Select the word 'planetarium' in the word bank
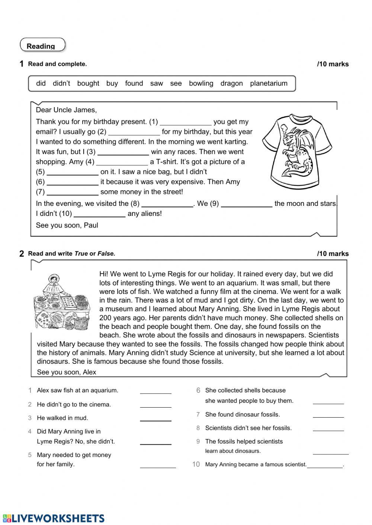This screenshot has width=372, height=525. pyautogui.click(x=269, y=84)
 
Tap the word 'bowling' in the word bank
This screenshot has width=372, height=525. pyautogui.click(x=201, y=84)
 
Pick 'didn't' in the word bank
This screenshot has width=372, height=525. pyautogui.click(x=61, y=84)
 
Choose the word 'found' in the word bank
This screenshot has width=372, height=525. pyautogui.click(x=134, y=84)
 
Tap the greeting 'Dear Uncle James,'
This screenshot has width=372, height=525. pyautogui.click(x=66, y=110)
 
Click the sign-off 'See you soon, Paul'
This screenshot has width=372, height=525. pyautogui.click(x=67, y=225)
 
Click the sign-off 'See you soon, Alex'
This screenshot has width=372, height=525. pyautogui.click(x=67, y=372)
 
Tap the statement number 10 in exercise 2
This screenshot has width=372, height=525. pyautogui.click(x=196, y=464)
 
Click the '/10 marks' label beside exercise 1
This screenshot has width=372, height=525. pyautogui.click(x=333, y=64)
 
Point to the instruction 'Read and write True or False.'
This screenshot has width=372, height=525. pyautogui.click(x=72, y=254)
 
